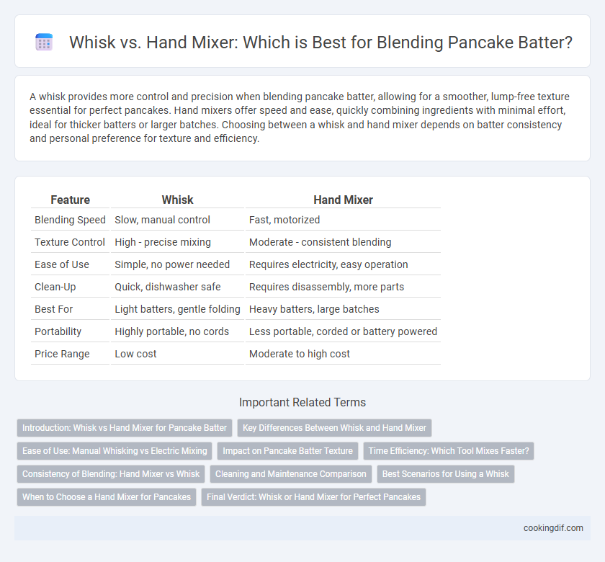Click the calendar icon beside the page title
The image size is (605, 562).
44,42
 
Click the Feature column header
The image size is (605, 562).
71,200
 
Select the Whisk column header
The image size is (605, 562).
177,200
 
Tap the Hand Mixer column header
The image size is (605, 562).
343,200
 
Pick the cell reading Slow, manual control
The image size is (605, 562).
163,220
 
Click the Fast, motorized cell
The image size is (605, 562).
284,220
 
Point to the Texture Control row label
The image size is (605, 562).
70,242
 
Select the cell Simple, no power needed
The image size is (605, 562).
172,264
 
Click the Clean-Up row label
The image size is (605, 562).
55,287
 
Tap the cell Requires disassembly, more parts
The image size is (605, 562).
326,287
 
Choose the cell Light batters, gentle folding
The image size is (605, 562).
177,309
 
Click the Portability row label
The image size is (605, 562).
58,331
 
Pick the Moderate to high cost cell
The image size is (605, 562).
300,354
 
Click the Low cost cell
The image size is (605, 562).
135,354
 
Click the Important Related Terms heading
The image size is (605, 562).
302,402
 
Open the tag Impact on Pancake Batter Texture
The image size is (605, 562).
288,451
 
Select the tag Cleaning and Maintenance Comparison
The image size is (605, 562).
291,474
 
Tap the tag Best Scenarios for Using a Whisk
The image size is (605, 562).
446,474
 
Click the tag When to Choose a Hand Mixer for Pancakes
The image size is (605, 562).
107,497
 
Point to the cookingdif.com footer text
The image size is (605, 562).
553,528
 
